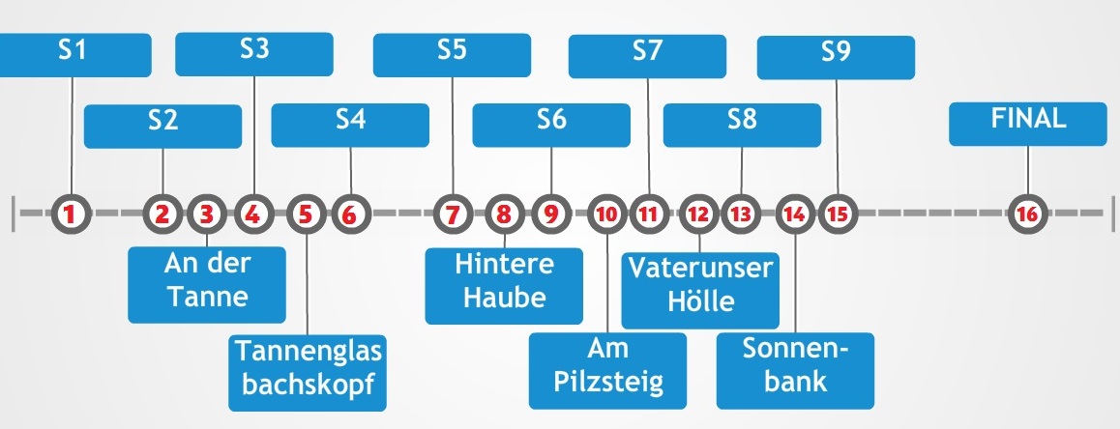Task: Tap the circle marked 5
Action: point(306,213)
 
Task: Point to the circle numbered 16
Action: point(1027,213)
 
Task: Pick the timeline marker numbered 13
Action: point(741,213)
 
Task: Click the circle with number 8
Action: point(504,213)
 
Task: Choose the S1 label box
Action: point(74,54)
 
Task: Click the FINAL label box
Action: point(1027,124)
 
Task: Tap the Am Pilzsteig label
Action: point(608,370)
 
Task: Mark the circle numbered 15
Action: point(837,213)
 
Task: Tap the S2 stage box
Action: point(162,126)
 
